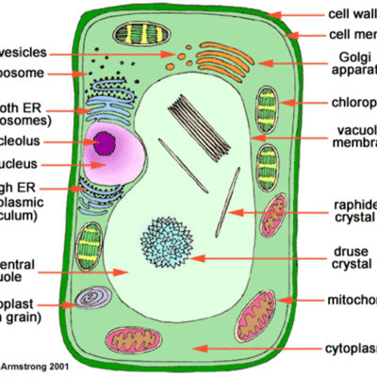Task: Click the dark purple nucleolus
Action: click(106, 143)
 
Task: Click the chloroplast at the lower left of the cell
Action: click(90, 242)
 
